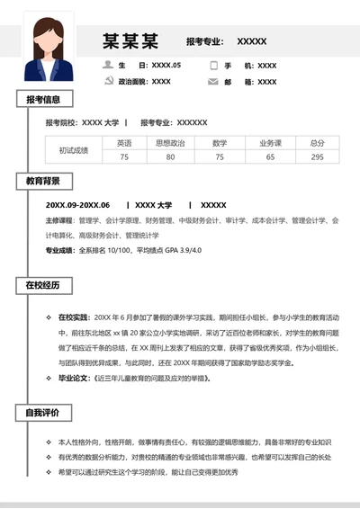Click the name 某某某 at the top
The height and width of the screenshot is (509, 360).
click(x=130, y=40)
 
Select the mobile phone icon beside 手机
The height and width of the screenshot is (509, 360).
click(x=213, y=66)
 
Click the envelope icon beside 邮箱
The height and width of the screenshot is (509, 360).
click(x=213, y=82)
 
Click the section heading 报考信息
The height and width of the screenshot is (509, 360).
click(x=43, y=100)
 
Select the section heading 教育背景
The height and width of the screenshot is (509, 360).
click(x=43, y=181)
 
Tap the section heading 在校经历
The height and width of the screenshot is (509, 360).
click(x=43, y=285)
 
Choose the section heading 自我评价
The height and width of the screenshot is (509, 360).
click(x=43, y=413)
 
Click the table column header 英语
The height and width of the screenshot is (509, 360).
click(x=124, y=143)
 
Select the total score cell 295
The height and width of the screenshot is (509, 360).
click(x=317, y=157)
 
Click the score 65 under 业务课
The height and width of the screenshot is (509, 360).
click(x=270, y=157)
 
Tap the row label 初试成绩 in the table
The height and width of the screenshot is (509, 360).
click(x=74, y=150)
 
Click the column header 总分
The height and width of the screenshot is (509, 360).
click(x=317, y=143)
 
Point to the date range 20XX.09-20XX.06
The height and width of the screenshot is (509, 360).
click(x=77, y=204)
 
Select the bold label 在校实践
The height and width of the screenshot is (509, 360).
click(x=74, y=317)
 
